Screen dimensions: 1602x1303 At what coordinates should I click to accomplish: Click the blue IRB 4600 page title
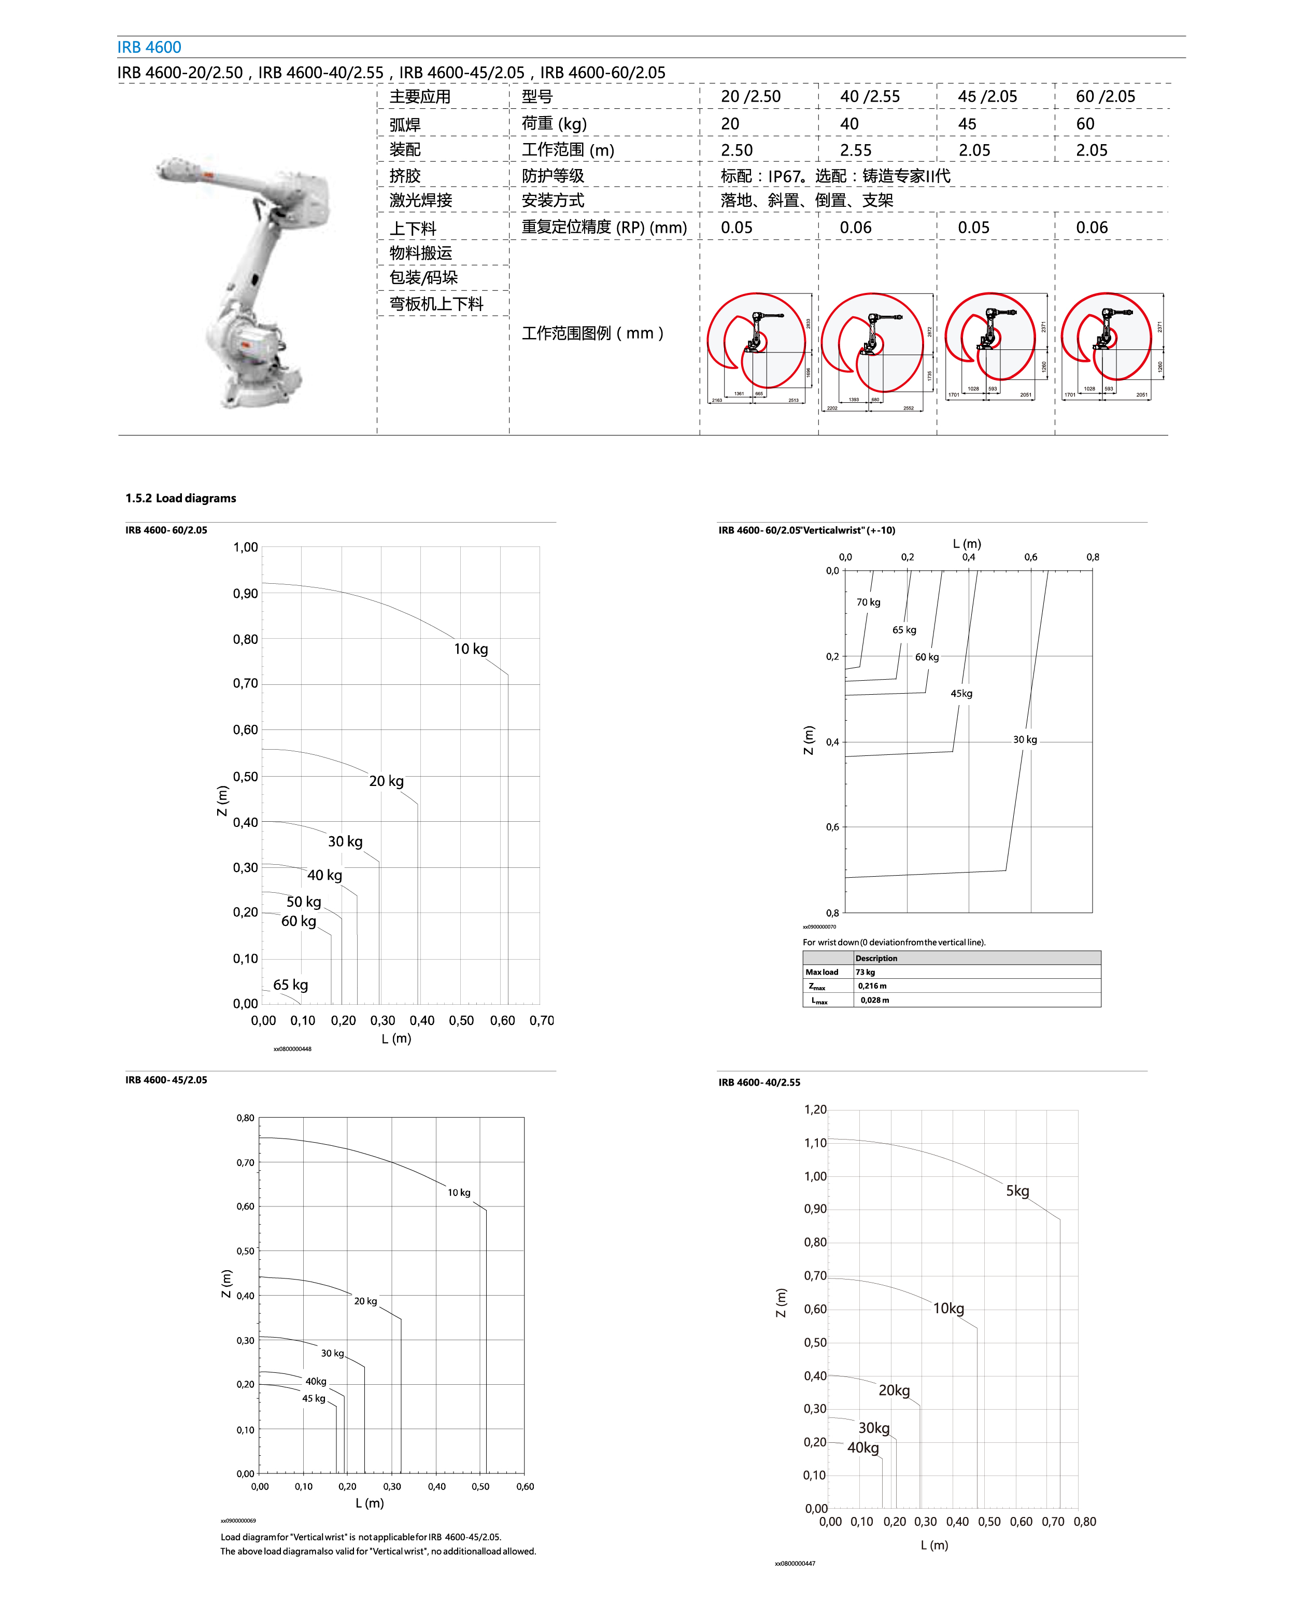(149, 47)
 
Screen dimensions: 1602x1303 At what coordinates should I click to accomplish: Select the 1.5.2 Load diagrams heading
(180, 498)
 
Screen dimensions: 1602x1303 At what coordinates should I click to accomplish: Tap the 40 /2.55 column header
(869, 96)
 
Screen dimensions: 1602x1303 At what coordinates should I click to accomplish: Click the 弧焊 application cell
(405, 124)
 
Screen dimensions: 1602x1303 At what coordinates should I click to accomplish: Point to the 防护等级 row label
(553, 176)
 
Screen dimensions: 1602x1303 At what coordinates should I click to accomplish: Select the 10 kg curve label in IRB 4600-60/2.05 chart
(471, 649)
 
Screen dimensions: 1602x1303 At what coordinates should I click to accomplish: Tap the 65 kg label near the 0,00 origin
(290, 984)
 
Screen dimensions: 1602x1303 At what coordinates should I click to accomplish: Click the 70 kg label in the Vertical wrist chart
(869, 602)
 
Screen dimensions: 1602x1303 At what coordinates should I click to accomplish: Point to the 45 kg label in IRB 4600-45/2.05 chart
(314, 1398)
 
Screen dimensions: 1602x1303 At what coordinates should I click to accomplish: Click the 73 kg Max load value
(866, 972)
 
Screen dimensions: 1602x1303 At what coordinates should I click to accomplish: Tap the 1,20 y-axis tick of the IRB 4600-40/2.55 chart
(815, 1109)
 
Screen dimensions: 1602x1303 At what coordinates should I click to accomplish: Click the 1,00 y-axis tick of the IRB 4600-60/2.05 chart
(246, 547)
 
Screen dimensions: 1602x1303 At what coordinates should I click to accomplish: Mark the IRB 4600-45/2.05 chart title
(166, 1079)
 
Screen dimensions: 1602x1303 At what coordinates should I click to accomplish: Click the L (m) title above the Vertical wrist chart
(967, 543)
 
